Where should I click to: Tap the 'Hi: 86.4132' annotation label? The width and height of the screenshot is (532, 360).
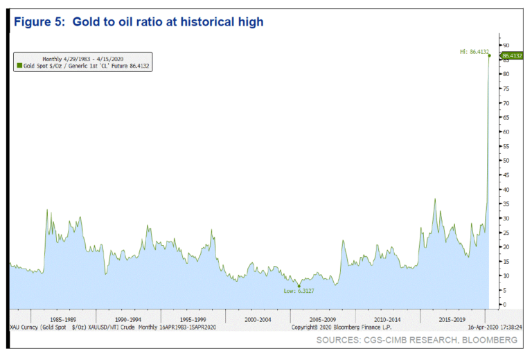coord(473,51)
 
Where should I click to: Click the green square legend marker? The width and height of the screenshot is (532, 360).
coord(19,66)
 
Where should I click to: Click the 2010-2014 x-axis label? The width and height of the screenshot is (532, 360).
coord(384,320)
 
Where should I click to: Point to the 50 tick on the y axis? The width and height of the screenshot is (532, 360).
coord(505,161)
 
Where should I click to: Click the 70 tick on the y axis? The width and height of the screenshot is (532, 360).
coord(505,103)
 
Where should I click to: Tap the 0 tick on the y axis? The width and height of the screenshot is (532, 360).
coord(504,305)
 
